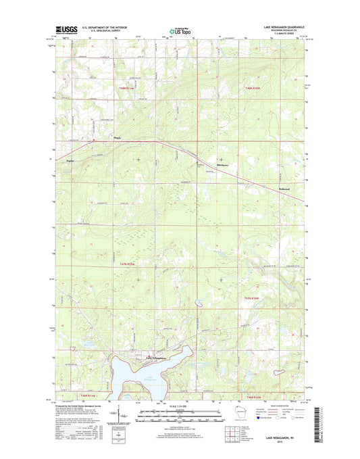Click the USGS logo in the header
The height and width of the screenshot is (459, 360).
tap(61, 30)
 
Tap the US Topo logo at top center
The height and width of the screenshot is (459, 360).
tap(180, 30)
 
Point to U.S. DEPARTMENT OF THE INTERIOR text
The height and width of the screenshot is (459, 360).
tap(107, 28)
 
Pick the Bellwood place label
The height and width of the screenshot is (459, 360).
tap(284, 189)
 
